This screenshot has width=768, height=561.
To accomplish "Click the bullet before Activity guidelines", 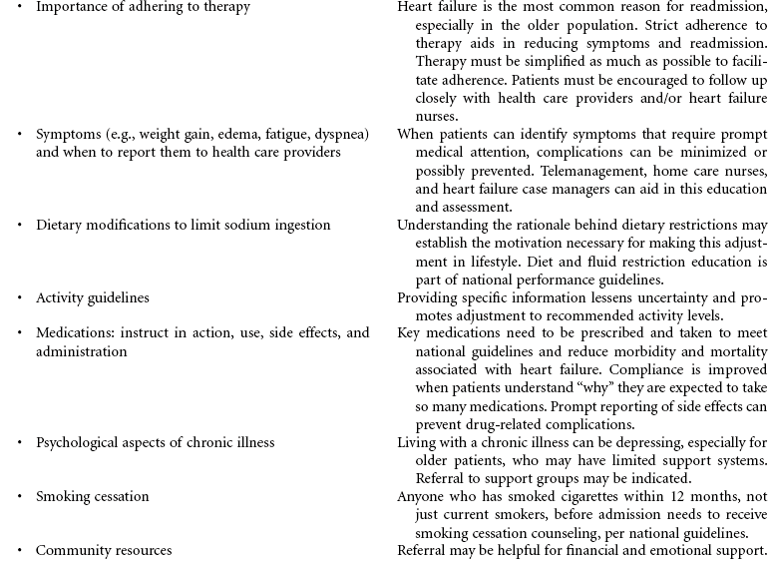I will [x=19, y=297].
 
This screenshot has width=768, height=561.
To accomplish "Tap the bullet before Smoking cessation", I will [x=19, y=496].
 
